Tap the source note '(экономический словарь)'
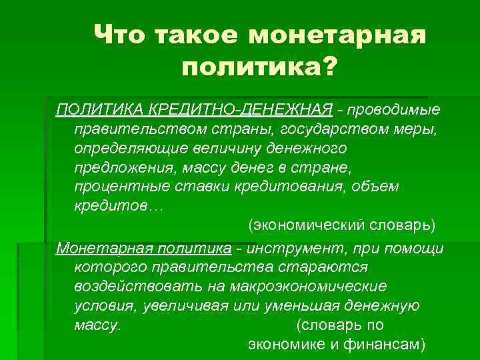[342, 225]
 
